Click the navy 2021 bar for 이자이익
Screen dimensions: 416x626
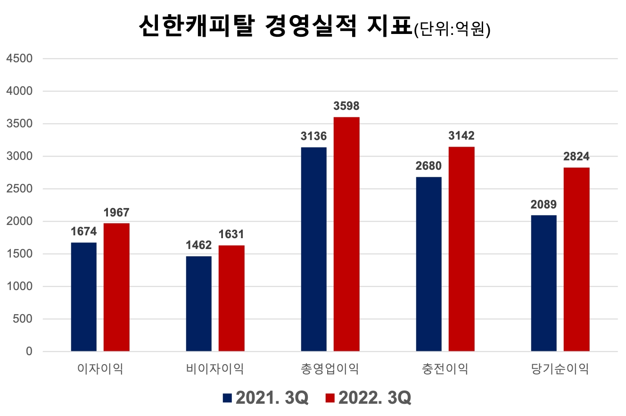tap(84, 297)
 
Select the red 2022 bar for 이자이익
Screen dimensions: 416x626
tap(116, 287)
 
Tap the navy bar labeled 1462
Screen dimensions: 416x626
tap(199, 304)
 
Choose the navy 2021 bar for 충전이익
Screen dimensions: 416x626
tap(429, 264)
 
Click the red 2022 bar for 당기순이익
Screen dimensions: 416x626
tap(577, 259)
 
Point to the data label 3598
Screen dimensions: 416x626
tap(346, 106)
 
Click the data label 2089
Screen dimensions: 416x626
tap(544, 205)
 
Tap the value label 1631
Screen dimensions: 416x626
tap(231, 234)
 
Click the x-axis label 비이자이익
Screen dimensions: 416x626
tap(215, 369)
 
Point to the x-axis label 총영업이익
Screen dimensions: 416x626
tap(330, 369)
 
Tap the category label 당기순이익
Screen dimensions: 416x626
tap(560, 369)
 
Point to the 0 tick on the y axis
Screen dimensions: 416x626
tap(29, 352)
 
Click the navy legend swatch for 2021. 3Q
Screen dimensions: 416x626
tap(228, 398)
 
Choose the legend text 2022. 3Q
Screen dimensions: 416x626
tap(375, 398)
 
